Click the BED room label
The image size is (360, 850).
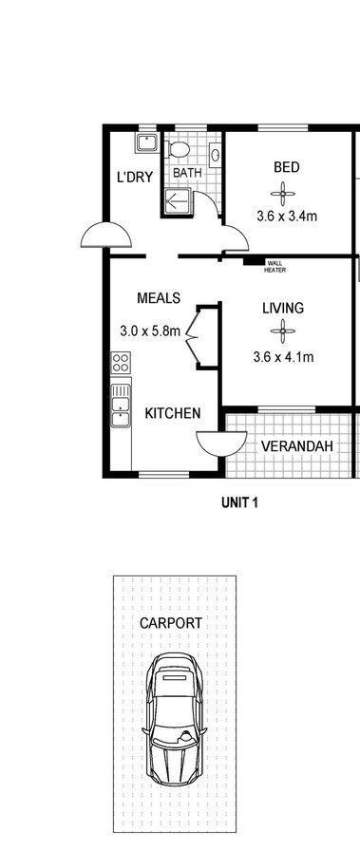point(286,167)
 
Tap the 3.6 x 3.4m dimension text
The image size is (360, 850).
point(286,217)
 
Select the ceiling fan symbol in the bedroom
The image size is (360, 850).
point(283,194)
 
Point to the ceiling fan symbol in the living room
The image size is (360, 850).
point(283,331)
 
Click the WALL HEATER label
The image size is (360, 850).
point(275,267)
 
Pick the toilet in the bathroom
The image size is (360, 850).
point(178,148)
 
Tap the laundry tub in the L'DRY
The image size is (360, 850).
point(146,142)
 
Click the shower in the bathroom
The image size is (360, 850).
point(177,201)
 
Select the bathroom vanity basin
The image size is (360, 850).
point(216,155)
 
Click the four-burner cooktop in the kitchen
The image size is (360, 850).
point(121,362)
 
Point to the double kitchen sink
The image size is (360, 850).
point(121,406)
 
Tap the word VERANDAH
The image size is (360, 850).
point(297,446)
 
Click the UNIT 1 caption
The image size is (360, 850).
point(239,502)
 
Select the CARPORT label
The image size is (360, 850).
point(171,623)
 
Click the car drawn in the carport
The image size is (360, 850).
point(174,718)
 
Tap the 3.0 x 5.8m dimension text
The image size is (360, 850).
point(150,331)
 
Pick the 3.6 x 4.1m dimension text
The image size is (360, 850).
point(283,357)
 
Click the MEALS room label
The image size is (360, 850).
point(159,298)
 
